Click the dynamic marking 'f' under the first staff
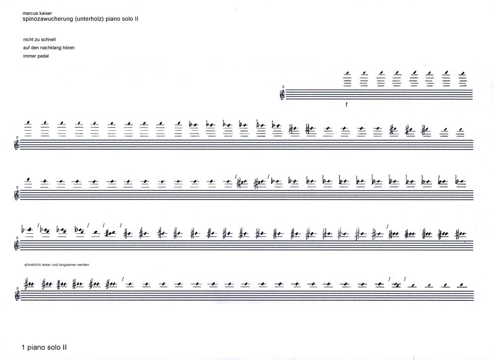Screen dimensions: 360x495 [x=347, y=105]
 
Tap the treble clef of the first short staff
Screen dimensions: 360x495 [x=283, y=94]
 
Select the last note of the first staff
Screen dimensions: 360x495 [x=462, y=73]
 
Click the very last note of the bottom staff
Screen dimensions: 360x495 [x=461, y=285]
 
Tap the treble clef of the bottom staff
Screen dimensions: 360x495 [x=18, y=295]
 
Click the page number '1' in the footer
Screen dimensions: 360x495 [x=24, y=348]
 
